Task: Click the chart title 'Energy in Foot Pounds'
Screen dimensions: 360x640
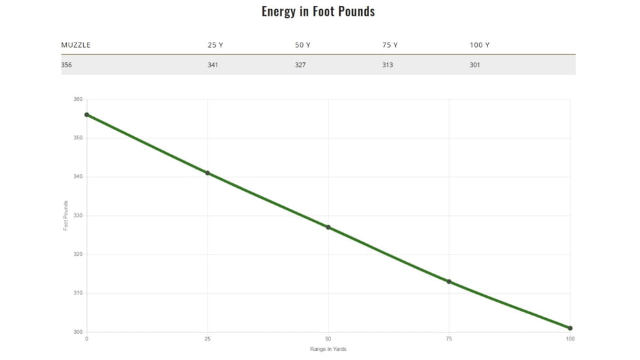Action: [318, 11]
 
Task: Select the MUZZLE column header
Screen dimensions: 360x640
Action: [76, 45]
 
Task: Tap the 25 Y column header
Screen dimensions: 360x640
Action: [215, 45]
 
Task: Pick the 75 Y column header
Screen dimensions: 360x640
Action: [390, 45]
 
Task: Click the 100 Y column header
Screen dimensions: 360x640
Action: [480, 45]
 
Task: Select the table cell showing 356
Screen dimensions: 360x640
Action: [67, 65]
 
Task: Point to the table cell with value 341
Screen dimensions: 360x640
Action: [213, 65]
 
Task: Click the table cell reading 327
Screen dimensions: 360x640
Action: [300, 65]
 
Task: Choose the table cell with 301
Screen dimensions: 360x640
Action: [475, 65]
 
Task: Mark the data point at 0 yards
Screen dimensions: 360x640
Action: [86, 115]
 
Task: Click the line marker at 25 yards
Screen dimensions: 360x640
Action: [207, 173]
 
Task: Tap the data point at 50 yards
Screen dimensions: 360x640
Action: [329, 227]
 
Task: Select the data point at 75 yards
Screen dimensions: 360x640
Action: [449, 281]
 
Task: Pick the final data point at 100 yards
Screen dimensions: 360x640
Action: [570, 328]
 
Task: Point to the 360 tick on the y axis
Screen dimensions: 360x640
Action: [78, 99]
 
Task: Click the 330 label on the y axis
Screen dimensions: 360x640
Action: [78, 215]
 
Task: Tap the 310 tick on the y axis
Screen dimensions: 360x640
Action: [78, 293]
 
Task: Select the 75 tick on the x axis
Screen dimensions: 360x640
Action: [449, 338]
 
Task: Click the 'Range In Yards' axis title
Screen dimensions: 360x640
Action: [328, 349]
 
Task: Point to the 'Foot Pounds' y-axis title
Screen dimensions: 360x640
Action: [65, 215]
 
